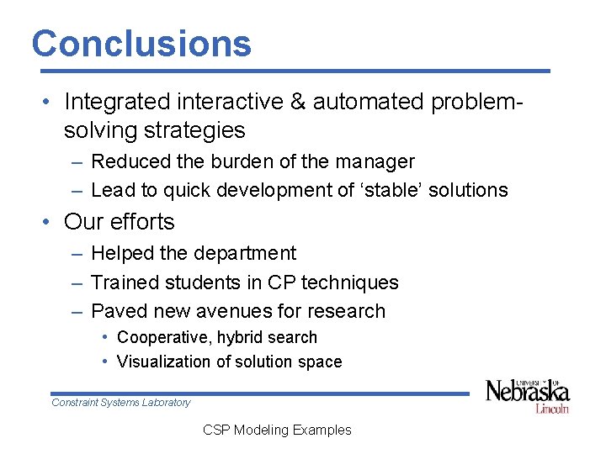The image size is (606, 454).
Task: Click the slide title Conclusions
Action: point(141,43)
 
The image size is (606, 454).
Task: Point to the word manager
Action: point(374,161)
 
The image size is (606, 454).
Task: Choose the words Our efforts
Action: point(119,222)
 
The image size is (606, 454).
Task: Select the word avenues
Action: point(235,311)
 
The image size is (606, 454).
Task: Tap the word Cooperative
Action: point(164,337)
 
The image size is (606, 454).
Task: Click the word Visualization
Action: point(165,362)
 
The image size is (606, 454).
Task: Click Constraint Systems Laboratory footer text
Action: point(121,403)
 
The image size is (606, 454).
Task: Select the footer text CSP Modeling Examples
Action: point(277,430)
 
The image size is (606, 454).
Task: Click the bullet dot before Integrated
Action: point(50,103)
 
